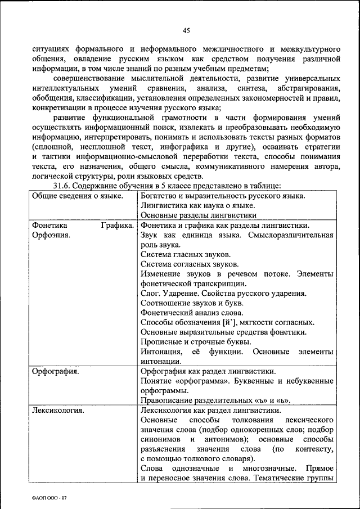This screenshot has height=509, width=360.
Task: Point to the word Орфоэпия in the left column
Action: click(51, 235)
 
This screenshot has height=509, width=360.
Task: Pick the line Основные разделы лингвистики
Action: click(199, 215)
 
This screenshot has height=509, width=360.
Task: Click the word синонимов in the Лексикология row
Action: click(160, 439)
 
